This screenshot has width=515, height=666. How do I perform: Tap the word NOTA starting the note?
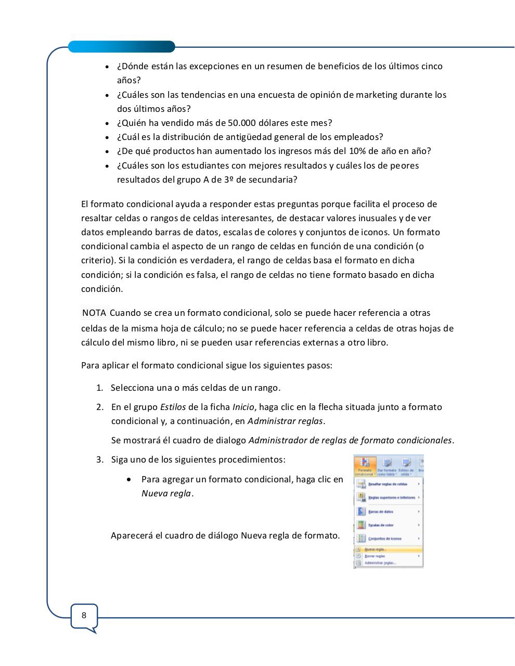pos(94,313)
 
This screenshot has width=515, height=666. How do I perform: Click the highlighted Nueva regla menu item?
pos(376,549)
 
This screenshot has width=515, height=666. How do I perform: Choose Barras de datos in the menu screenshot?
pos(381,511)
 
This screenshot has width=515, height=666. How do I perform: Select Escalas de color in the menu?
pos(381,525)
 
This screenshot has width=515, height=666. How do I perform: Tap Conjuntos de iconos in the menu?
pos(384,539)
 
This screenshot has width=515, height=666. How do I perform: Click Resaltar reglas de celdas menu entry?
pos(388,484)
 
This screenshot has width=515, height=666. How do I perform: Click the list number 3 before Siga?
pos(99,459)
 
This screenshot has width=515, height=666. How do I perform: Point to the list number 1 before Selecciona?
pos(99,388)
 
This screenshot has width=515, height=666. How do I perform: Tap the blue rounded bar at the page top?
pos(122,47)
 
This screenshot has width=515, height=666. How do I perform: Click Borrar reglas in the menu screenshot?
pos(375,556)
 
